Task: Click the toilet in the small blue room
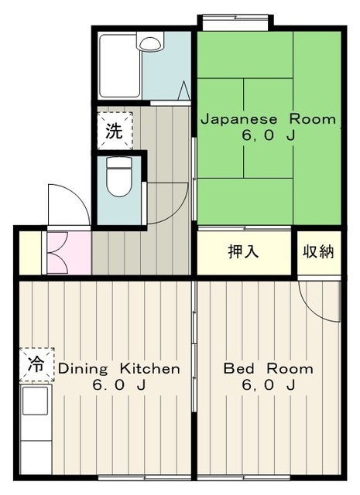119,176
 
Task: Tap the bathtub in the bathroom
120,67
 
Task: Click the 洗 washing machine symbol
115,131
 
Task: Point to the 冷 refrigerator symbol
36,365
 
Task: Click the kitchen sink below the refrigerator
35,401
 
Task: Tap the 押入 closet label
243,251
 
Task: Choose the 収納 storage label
318,252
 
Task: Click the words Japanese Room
269,120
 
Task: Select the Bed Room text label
269,368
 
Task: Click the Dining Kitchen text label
119,368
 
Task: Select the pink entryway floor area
69,253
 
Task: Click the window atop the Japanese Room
235,22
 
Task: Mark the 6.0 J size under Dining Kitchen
119,385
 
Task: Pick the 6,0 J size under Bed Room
269,385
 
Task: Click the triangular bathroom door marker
184,90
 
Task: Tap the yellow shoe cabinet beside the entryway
30,253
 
